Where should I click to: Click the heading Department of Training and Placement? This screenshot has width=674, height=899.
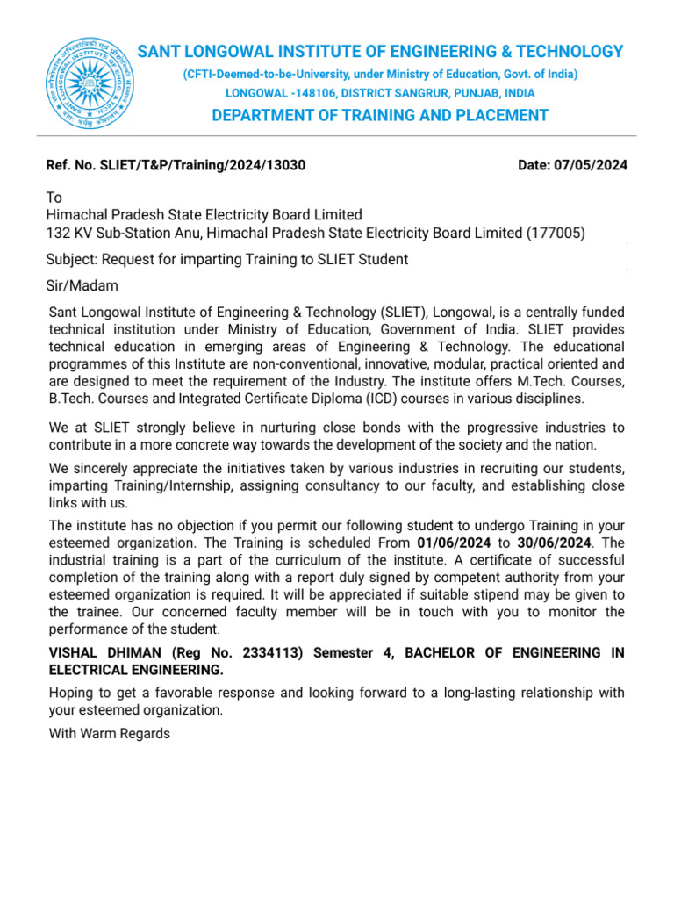tap(380, 116)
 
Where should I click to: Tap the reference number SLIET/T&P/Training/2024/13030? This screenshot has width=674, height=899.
tap(204, 164)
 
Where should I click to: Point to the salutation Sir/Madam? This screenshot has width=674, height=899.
tap(82, 286)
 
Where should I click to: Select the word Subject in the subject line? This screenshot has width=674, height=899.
tap(72, 259)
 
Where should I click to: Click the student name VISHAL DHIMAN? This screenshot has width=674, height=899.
tap(107, 653)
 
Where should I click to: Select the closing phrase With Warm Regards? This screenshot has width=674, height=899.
tap(110, 733)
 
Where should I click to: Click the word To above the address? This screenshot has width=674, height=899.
tap(54, 198)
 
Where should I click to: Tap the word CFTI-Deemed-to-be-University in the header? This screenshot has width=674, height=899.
tap(269, 75)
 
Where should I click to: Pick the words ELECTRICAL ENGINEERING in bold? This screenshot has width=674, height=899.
tap(136, 670)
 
